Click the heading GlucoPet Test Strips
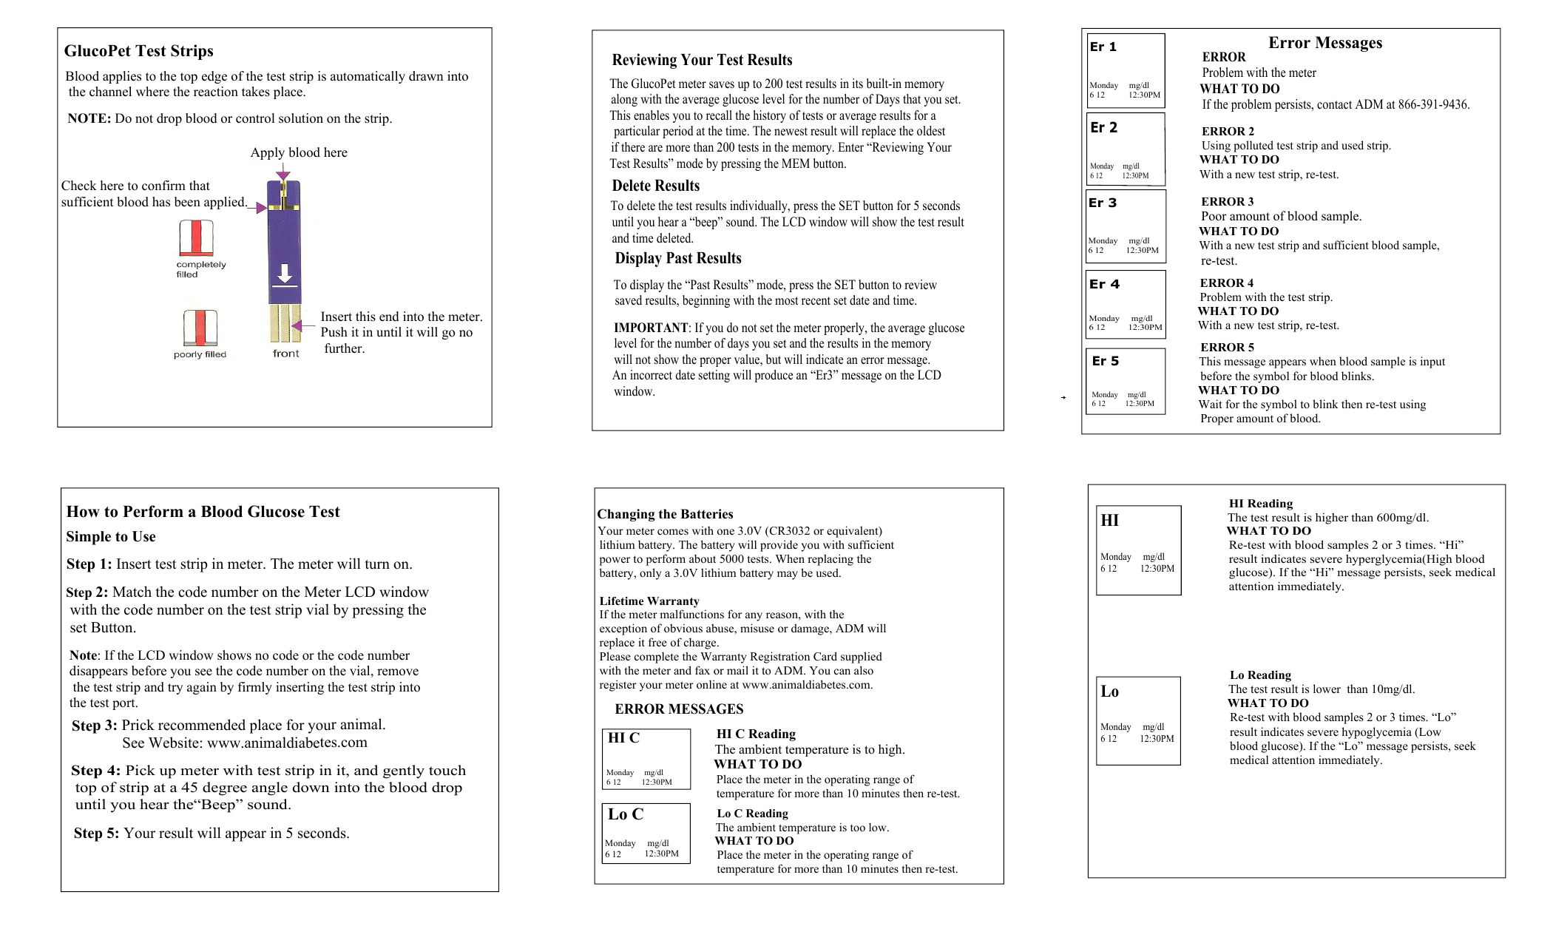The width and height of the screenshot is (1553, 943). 138,51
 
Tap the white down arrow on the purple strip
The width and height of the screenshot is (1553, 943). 285,274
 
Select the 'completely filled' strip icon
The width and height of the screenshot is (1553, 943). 196,238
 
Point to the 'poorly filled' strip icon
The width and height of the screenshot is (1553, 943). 200,328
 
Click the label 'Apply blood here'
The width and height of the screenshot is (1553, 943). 299,152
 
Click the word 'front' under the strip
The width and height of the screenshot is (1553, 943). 285,354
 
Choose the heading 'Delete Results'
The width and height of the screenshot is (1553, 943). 655,186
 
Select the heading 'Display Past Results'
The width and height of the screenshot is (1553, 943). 677,258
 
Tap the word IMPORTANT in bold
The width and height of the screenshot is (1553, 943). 650,328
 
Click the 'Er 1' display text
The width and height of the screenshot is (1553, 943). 1103,47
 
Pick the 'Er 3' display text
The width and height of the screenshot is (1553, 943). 1102,203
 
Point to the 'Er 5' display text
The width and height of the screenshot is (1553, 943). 1105,361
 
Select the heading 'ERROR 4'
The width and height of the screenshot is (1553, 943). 1226,283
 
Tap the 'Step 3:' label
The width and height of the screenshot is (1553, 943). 94,726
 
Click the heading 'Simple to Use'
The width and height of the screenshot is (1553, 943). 110,536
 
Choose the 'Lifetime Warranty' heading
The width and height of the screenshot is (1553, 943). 649,601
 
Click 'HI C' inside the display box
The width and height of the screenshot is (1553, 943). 623,737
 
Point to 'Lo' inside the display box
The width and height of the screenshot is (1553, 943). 1109,692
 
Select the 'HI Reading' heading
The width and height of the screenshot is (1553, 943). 1260,503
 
